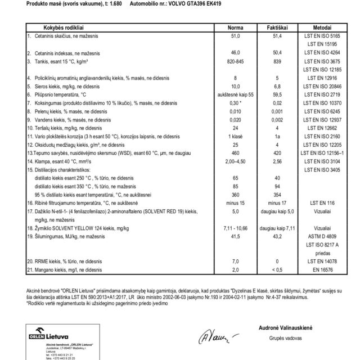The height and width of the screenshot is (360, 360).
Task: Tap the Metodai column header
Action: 321,28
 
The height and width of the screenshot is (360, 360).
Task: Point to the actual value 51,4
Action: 277,35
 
